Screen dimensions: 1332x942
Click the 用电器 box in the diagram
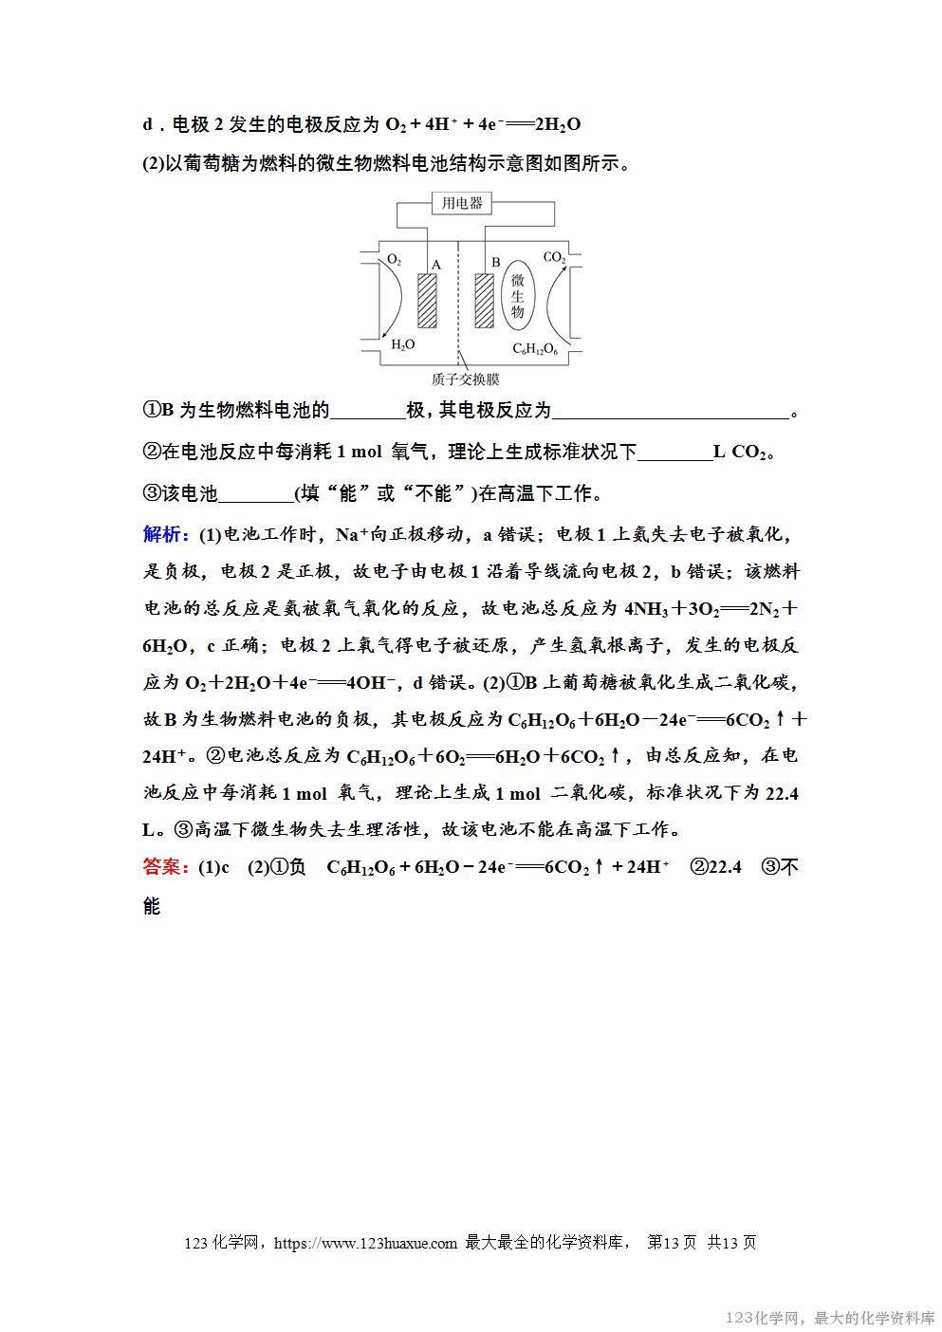[x=462, y=203]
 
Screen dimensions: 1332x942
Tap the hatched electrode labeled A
[x=428, y=301]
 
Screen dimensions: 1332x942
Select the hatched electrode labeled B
[x=485, y=301]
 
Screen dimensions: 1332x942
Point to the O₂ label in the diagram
[x=395, y=259]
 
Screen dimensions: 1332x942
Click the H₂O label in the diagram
[x=403, y=344]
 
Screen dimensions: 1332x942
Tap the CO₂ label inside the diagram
[x=554, y=257]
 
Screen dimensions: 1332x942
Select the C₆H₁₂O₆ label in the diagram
[x=535, y=349]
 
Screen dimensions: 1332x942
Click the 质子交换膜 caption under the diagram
[x=465, y=379]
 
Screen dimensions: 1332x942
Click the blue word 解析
[x=165, y=534]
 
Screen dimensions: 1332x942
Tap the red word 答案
[x=165, y=866]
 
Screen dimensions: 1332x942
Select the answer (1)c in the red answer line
[x=213, y=867]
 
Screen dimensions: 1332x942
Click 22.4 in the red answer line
[x=725, y=867]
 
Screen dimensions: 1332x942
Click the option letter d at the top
[x=148, y=124]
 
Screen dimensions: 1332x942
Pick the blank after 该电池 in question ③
[x=256, y=495]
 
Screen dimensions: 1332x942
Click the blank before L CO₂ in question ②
[x=674, y=453]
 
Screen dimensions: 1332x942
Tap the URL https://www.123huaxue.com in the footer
[x=365, y=1243]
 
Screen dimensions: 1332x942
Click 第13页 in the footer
[x=672, y=1243]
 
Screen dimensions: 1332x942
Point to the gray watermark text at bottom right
[x=829, y=1318]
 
